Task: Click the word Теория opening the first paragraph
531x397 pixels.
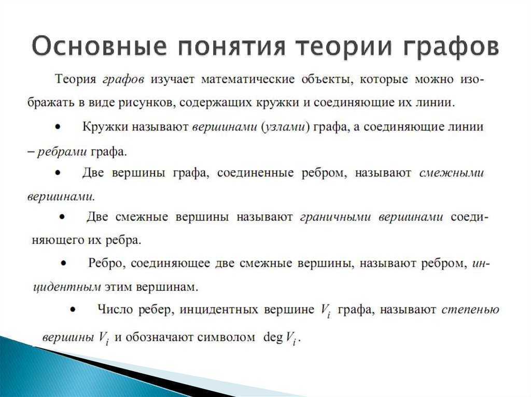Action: pyautogui.click(x=76, y=79)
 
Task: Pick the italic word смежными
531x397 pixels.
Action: pyautogui.click(x=451, y=173)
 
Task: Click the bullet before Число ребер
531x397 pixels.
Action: pyautogui.click(x=73, y=310)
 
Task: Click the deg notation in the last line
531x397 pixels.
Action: pyautogui.click(x=272, y=337)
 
